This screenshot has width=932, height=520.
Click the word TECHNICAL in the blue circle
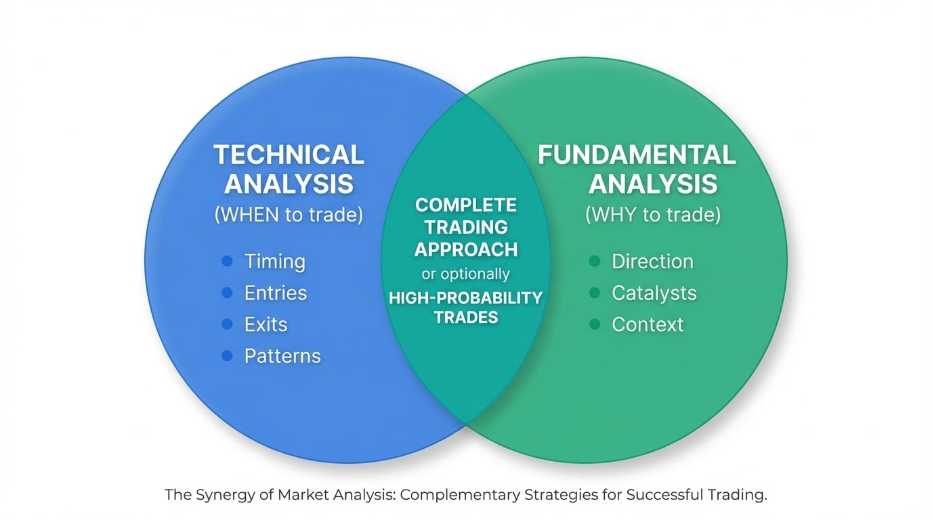pyautogui.click(x=289, y=155)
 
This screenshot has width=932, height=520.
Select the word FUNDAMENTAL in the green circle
pyautogui.click(x=637, y=155)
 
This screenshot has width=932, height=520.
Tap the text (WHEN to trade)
pyautogui.click(x=289, y=215)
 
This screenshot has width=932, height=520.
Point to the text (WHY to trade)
pyautogui.click(x=653, y=215)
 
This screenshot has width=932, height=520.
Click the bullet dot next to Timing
pyautogui.click(x=228, y=261)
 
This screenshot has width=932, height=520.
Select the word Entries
pyautogui.click(x=276, y=293)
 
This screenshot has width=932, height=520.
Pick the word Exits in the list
pyautogui.click(x=266, y=324)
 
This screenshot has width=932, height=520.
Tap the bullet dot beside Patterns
pyautogui.click(x=228, y=355)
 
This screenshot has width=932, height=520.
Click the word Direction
pyautogui.click(x=652, y=261)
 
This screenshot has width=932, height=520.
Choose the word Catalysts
pyautogui.click(x=654, y=293)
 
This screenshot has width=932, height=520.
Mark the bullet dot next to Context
pyautogui.click(x=595, y=324)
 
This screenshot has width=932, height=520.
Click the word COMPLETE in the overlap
pyautogui.click(x=466, y=205)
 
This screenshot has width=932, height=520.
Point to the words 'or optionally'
pyautogui.click(x=466, y=274)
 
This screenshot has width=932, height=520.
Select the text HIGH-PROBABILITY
pyautogui.click(x=466, y=297)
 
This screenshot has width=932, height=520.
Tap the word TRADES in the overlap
pyautogui.click(x=466, y=317)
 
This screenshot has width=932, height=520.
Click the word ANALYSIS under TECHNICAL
pyautogui.click(x=289, y=184)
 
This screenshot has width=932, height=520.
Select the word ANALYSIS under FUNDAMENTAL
pyautogui.click(x=653, y=184)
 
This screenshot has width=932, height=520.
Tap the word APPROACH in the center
pyautogui.click(x=466, y=249)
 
